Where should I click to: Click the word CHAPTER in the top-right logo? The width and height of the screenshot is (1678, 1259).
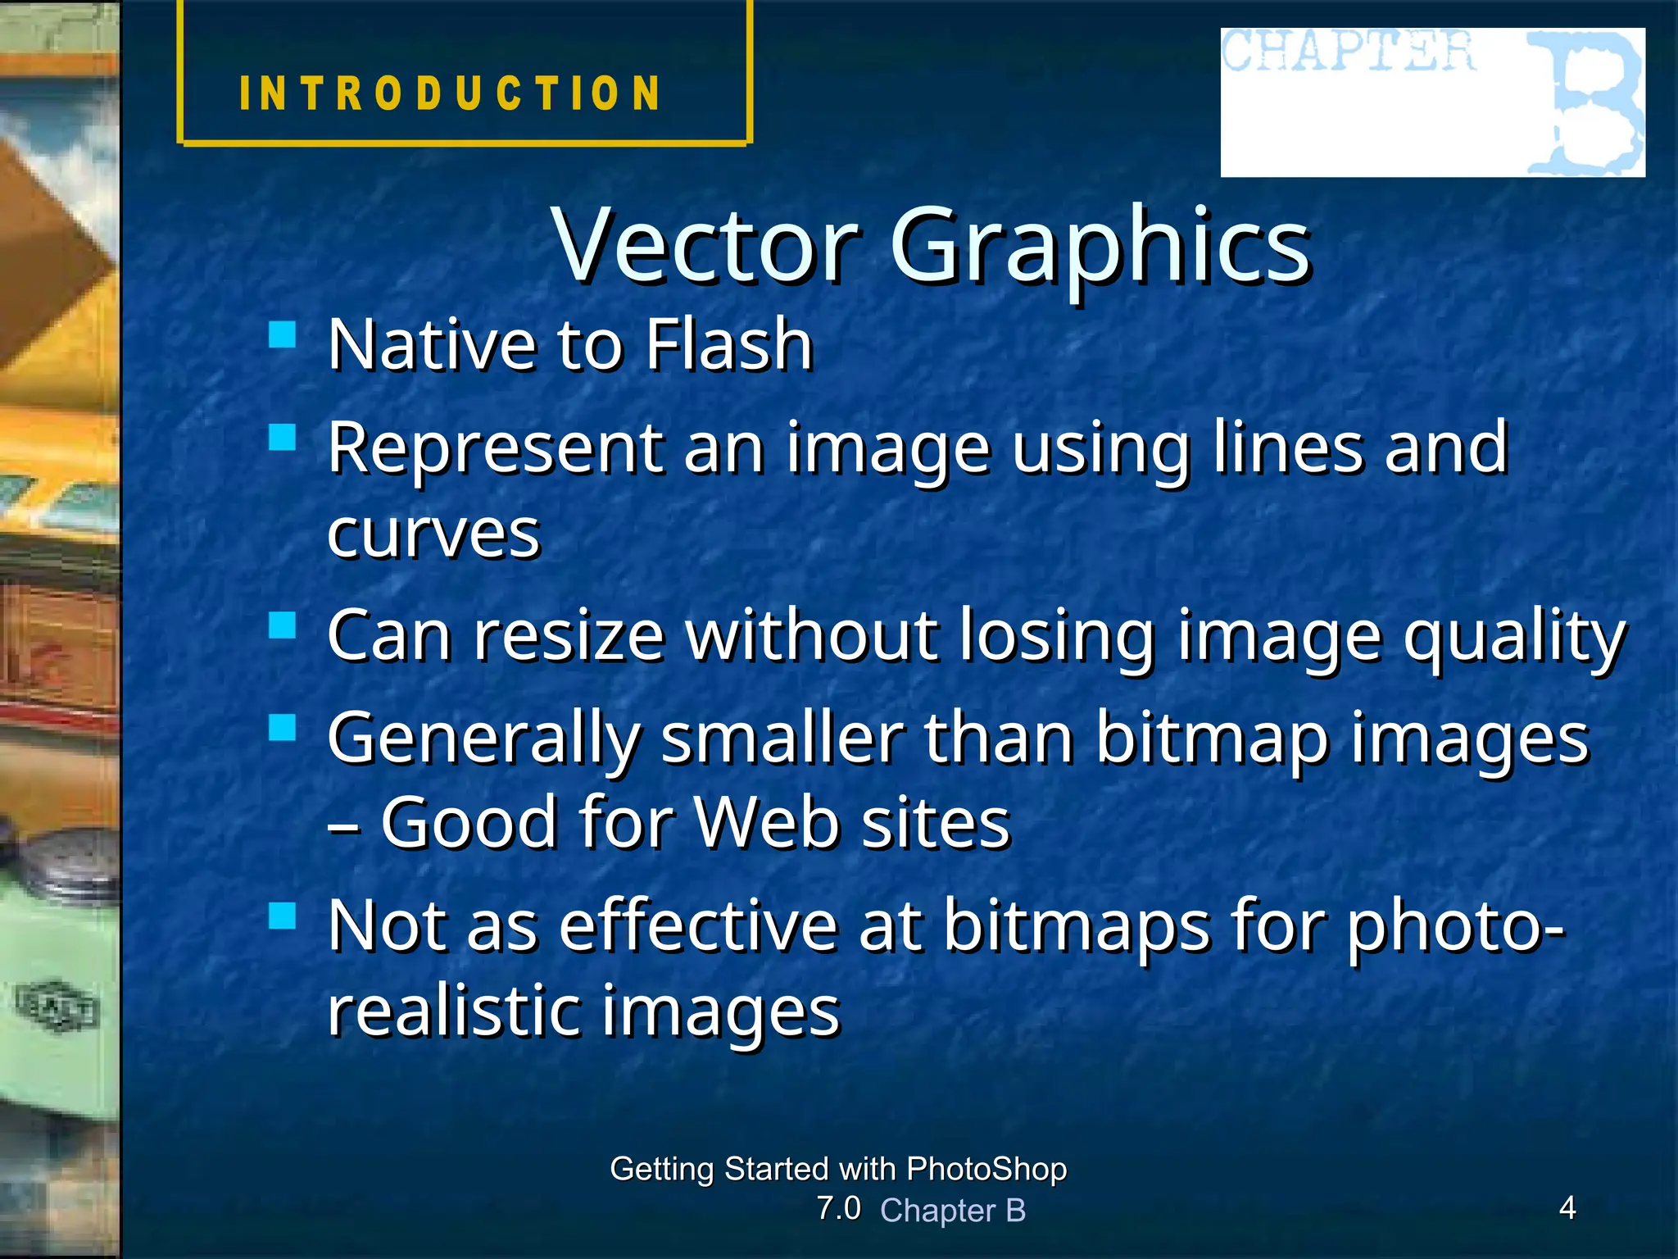tap(1348, 51)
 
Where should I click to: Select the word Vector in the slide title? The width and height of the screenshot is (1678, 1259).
tap(706, 244)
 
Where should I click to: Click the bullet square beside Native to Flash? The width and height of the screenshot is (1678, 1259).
tap(282, 334)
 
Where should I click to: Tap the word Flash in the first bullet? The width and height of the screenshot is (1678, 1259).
tap(728, 344)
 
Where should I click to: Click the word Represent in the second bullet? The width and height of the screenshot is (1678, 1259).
tap(496, 448)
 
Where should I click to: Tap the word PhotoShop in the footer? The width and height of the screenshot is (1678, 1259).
tap(986, 1169)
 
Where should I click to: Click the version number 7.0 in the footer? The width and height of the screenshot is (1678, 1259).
tap(838, 1208)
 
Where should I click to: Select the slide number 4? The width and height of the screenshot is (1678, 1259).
tap(1567, 1207)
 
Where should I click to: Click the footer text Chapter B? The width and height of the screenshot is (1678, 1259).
tap(953, 1211)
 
